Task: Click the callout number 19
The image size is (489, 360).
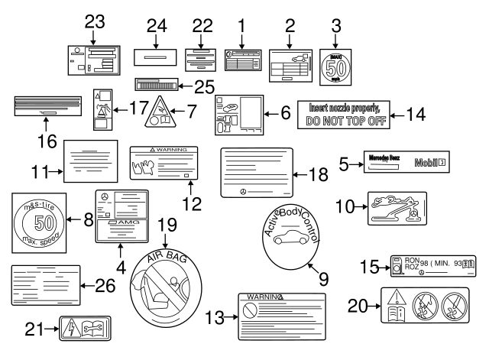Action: coord(166,225)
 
